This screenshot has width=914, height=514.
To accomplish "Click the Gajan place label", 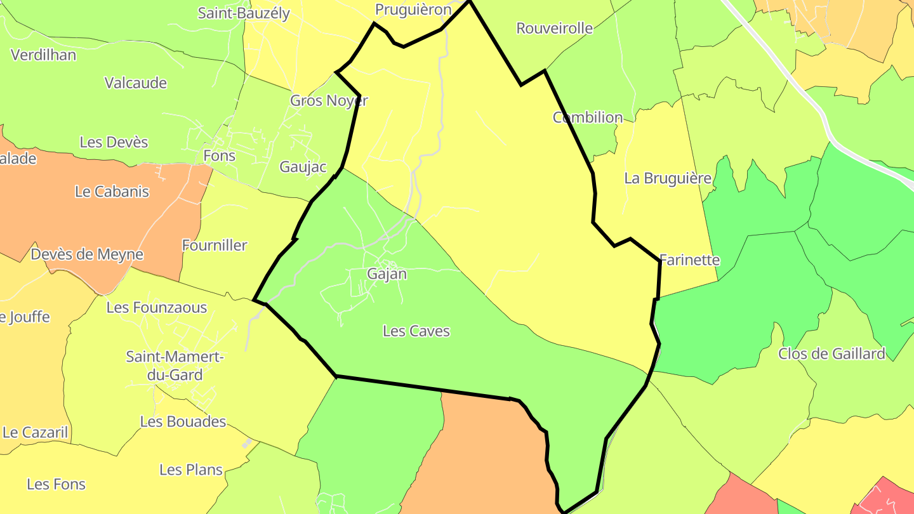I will click(x=387, y=274).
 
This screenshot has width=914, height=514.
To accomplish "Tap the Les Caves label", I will click(x=416, y=331).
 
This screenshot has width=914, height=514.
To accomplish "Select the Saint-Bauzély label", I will click(x=244, y=13).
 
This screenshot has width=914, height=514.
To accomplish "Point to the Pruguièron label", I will click(x=413, y=10).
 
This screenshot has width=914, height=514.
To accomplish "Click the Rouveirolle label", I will click(x=555, y=28).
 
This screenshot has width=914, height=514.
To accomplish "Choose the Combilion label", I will click(x=588, y=117).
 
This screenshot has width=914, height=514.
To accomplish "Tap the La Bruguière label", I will click(x=668, y=178).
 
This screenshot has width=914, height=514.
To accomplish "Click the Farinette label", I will click(x=690, y=260).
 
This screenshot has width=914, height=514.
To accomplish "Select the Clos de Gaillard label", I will click(x=831, y=353).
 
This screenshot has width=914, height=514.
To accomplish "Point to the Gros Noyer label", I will click(x=329, y=100).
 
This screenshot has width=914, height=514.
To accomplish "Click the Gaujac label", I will click(x=303, y=167).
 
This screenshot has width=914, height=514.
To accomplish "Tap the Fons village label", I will click(x=219, y=155).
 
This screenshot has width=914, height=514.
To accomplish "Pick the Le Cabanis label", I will click(x=112, y=191).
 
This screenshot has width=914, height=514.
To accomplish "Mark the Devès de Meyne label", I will click(x=87, y=254).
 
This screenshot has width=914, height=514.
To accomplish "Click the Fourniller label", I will click(x=215, y=245).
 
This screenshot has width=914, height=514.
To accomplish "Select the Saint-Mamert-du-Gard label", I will click(x=175, y=366).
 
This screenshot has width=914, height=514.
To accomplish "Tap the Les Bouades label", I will click(x=183, y=421).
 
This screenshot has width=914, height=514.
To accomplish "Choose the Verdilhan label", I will click(x=43, y=55).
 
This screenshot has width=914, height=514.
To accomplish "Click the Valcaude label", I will click(x=136, y=83).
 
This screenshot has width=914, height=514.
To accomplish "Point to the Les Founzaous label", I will click(x=157, y=308).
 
